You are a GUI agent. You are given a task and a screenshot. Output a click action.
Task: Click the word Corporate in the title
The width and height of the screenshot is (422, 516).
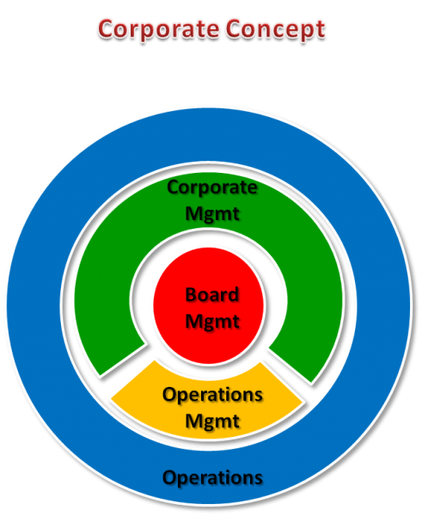tap(158, 29)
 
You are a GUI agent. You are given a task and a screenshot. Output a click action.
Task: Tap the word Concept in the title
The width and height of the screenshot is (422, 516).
tap(276, 29)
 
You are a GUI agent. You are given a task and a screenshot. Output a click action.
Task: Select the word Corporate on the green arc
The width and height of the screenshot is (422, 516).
tap(212, 188)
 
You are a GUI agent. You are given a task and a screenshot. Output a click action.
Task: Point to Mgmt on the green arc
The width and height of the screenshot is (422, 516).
tap(212, 214)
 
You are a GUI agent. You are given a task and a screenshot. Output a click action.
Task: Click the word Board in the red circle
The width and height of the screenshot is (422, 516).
tap(212, 294)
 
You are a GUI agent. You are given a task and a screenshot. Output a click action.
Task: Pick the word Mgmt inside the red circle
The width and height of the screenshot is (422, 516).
tap(212, 322)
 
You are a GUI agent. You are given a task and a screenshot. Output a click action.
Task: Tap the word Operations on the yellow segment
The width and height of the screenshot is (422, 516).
tap(212, 396)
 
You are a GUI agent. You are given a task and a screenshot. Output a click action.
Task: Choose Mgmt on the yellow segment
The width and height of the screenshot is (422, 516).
tap(212, 421)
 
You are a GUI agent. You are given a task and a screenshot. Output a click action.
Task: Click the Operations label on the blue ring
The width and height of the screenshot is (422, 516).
tap(212, 478)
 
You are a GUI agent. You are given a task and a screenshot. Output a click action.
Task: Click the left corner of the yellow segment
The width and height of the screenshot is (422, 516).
tap(111, 399)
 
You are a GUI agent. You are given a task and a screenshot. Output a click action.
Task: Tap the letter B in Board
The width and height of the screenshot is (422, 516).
tap(191, 294)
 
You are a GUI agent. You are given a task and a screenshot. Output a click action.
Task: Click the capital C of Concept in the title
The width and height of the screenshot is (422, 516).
tap(234, 29)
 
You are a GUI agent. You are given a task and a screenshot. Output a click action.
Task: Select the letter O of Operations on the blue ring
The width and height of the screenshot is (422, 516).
tap(170, 477)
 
